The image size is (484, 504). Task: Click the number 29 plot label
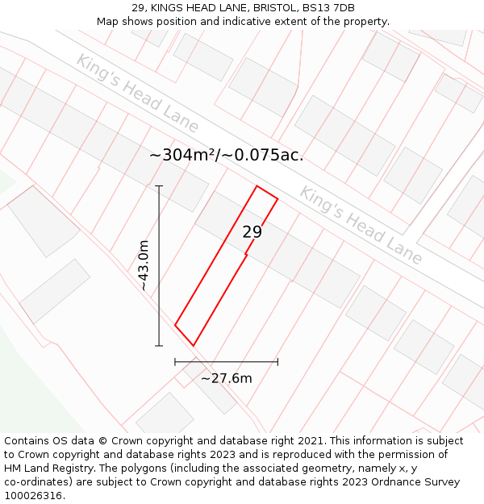pyautogui.click(x=252, y=232)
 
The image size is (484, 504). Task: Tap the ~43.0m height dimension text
pyautogui.click(x=143, y=265)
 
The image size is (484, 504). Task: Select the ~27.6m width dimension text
pyautogui.click(x=226, y=378)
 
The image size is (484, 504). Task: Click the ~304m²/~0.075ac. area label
pyautogui.click(x=227, y=155)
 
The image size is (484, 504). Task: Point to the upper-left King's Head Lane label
pyautogui.click(x=137, y=93)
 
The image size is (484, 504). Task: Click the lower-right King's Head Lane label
pyautogui.click(x=361, y=225)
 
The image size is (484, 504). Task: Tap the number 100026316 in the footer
pyautogui.click(x=32, y=496)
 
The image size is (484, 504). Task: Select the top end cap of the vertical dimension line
pyautogui.click(x=159, y=186)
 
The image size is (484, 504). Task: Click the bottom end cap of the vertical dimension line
pyautogui.click(x=159, y=346)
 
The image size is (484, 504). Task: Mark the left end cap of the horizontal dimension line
pyautogui.click(x=175, y=362)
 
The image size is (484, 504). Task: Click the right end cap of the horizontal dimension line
pyautogui.click(x=277, y=362)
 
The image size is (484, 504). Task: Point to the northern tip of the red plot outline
pyautogui.click(x=257, y=186)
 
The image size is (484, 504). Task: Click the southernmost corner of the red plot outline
pyautogui.click(x=193, y=346)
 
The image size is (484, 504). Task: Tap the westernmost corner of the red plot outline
pyautogui.click(x=175, y=325)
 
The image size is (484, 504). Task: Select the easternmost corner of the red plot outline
pyautogui.click(x=277, y=198)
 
